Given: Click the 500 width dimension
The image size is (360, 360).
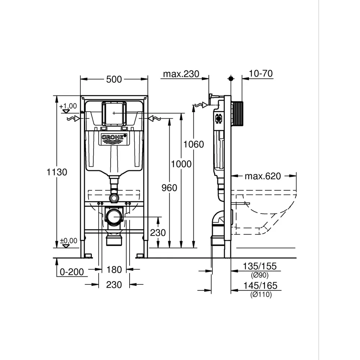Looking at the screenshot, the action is pyautogui.click(x=114, y=80).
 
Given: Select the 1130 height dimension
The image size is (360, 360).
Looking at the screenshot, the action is pyautogui.click(x=57, y=172).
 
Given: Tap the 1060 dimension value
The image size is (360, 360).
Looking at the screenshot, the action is pyautogui.click(x=194, y=144).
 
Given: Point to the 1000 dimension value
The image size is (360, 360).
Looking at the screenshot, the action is pyautogui.click(x=181, y=164).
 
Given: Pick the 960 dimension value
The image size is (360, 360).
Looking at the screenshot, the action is pyautogui.click(x=169, y=188).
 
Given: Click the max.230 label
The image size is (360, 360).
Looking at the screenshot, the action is pyautogui.click(x=181, y=74).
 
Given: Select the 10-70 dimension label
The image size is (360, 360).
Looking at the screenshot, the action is pyautogui.click(x=261, y=73).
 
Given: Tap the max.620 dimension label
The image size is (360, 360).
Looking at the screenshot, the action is pyautogui.click(x=263, y=176).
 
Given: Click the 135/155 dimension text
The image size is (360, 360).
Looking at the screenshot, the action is pyautogui.click(x=260, y=266).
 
